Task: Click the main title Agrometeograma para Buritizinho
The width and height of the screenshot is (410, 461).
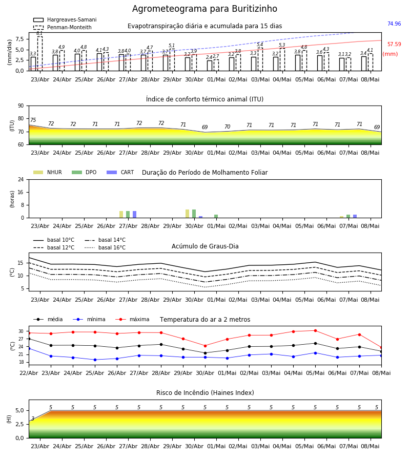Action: tap(204, 9)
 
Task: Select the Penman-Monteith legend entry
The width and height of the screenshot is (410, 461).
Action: tap(63, 27)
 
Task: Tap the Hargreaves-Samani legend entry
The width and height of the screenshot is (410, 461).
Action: tap(65, 19)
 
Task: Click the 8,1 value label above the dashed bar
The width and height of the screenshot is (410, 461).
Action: tap(39, 33)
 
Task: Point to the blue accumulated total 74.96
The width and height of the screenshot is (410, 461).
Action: tap(394, 24)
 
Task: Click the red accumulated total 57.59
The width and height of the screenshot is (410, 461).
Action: tap(394, 45)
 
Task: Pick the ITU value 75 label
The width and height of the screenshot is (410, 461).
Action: tap(33, 120)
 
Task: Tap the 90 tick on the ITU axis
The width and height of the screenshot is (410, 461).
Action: tap(21, 106)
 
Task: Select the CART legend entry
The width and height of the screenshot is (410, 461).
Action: tap(120, 172)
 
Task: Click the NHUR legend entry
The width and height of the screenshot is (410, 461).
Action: tap(48, 172)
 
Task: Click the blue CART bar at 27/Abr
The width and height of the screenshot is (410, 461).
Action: tap(134, 214)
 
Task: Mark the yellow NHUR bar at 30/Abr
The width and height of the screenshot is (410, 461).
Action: tap(188, 214)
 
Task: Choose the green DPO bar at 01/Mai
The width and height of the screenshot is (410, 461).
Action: tap(216, 216)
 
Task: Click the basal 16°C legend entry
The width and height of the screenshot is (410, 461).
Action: tap(105, 247)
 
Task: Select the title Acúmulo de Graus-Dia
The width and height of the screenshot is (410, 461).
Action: tap(205, 246)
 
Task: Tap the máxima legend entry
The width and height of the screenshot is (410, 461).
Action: tap(132, 319)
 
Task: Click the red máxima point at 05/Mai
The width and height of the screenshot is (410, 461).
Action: tap(315, 331)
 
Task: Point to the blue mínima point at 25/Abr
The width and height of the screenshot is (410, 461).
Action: tap(95, 360)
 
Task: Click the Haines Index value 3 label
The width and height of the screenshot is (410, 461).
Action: tap(33, 418)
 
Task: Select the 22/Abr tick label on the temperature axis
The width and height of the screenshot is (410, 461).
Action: tap(29, 373)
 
